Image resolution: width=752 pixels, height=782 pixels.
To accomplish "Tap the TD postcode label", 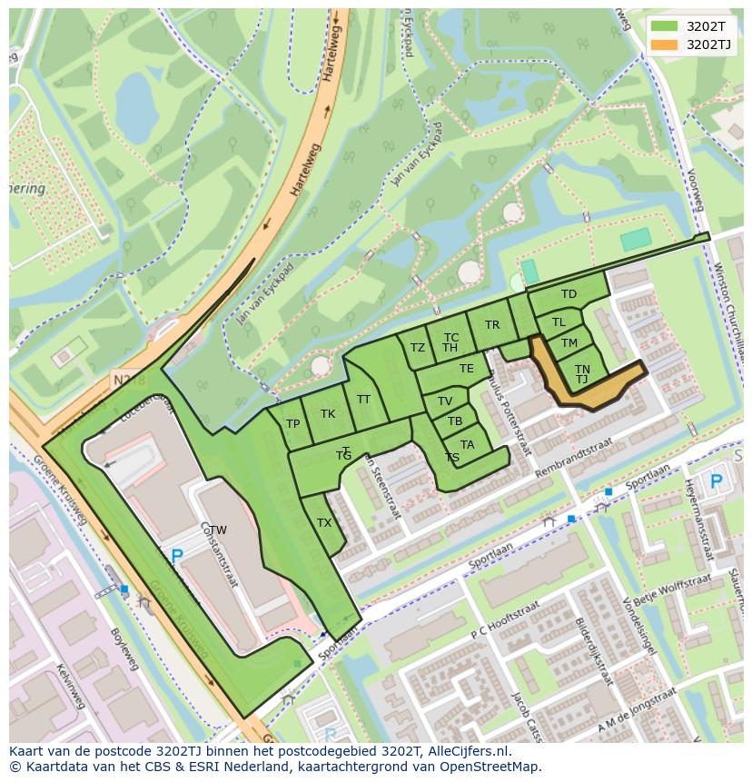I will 569,294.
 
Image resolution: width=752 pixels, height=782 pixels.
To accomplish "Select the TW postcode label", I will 218,530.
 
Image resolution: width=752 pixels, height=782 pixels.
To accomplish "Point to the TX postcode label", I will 324,523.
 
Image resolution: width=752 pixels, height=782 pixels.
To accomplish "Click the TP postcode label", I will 293,424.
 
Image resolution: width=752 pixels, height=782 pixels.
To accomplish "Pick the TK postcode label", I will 328,414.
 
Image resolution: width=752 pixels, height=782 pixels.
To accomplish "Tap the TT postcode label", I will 364,400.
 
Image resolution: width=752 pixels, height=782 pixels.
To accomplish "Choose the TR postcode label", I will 492,325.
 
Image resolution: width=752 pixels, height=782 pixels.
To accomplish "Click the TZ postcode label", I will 418,348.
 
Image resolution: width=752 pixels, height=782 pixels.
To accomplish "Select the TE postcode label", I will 467,369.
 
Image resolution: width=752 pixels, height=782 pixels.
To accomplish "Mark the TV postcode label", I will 445,401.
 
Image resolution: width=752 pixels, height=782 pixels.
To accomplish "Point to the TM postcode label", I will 569,343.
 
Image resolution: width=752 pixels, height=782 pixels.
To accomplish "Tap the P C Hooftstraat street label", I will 500,619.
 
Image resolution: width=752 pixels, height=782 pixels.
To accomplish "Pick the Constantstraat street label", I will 219,554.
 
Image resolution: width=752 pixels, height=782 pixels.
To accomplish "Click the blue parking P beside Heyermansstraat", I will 716,481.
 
